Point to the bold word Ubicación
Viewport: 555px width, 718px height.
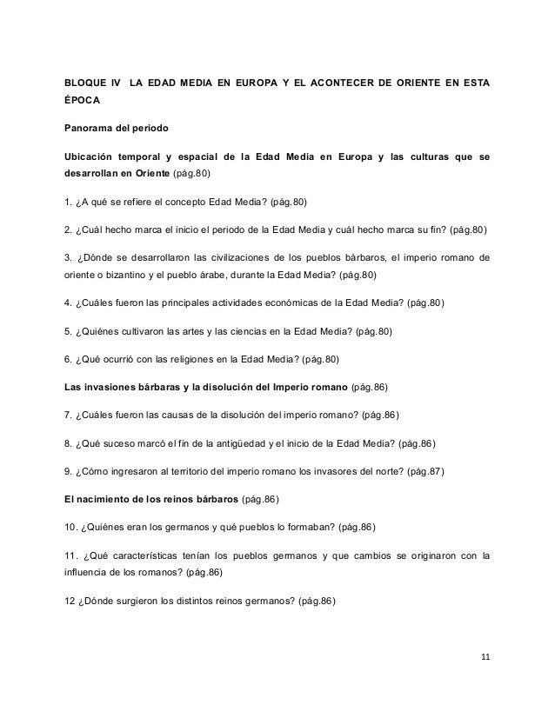click(x=90, y=157)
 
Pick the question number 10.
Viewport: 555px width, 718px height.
click(x=71, y=527)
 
